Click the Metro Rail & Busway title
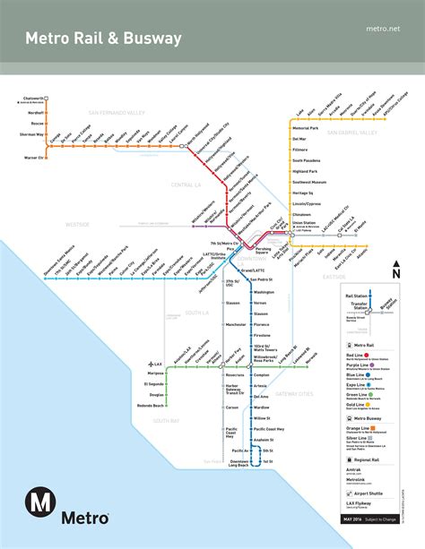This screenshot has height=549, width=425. pos(103,39)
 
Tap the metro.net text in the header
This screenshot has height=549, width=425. pos(383,29)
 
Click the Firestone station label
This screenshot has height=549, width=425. pos(263,334)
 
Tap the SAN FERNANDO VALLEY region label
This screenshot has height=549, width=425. pos(117,113)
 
